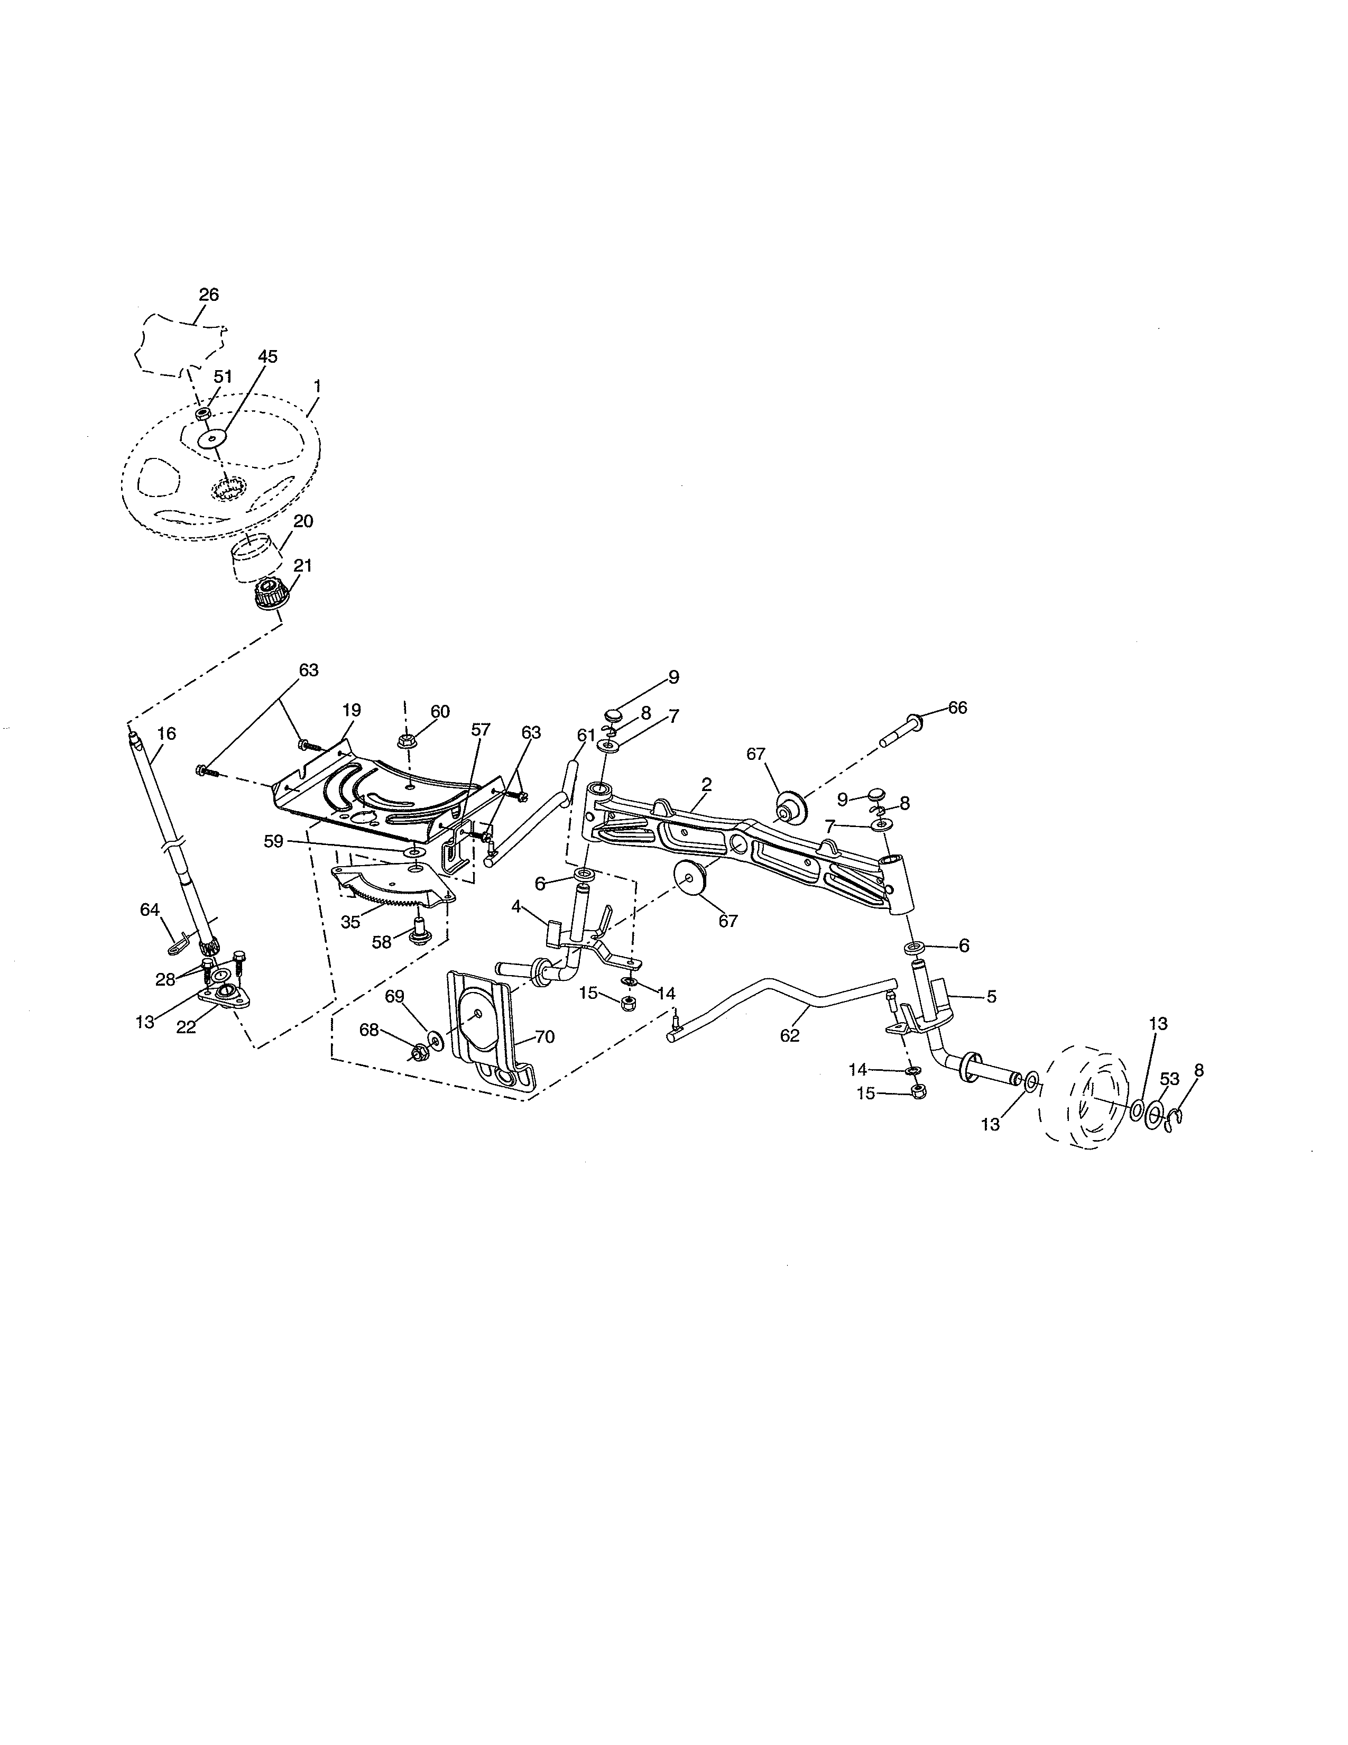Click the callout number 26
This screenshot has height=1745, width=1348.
pos(208,295)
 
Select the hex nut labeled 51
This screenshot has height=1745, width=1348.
pos(203,414)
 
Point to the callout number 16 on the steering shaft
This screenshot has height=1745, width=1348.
pos(166,733)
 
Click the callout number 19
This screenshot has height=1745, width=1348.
pos(352,710)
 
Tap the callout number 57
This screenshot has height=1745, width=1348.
pos(481,730)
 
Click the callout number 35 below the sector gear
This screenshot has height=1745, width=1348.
pos(350,922)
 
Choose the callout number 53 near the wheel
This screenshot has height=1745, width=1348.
pos(1169,1079)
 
